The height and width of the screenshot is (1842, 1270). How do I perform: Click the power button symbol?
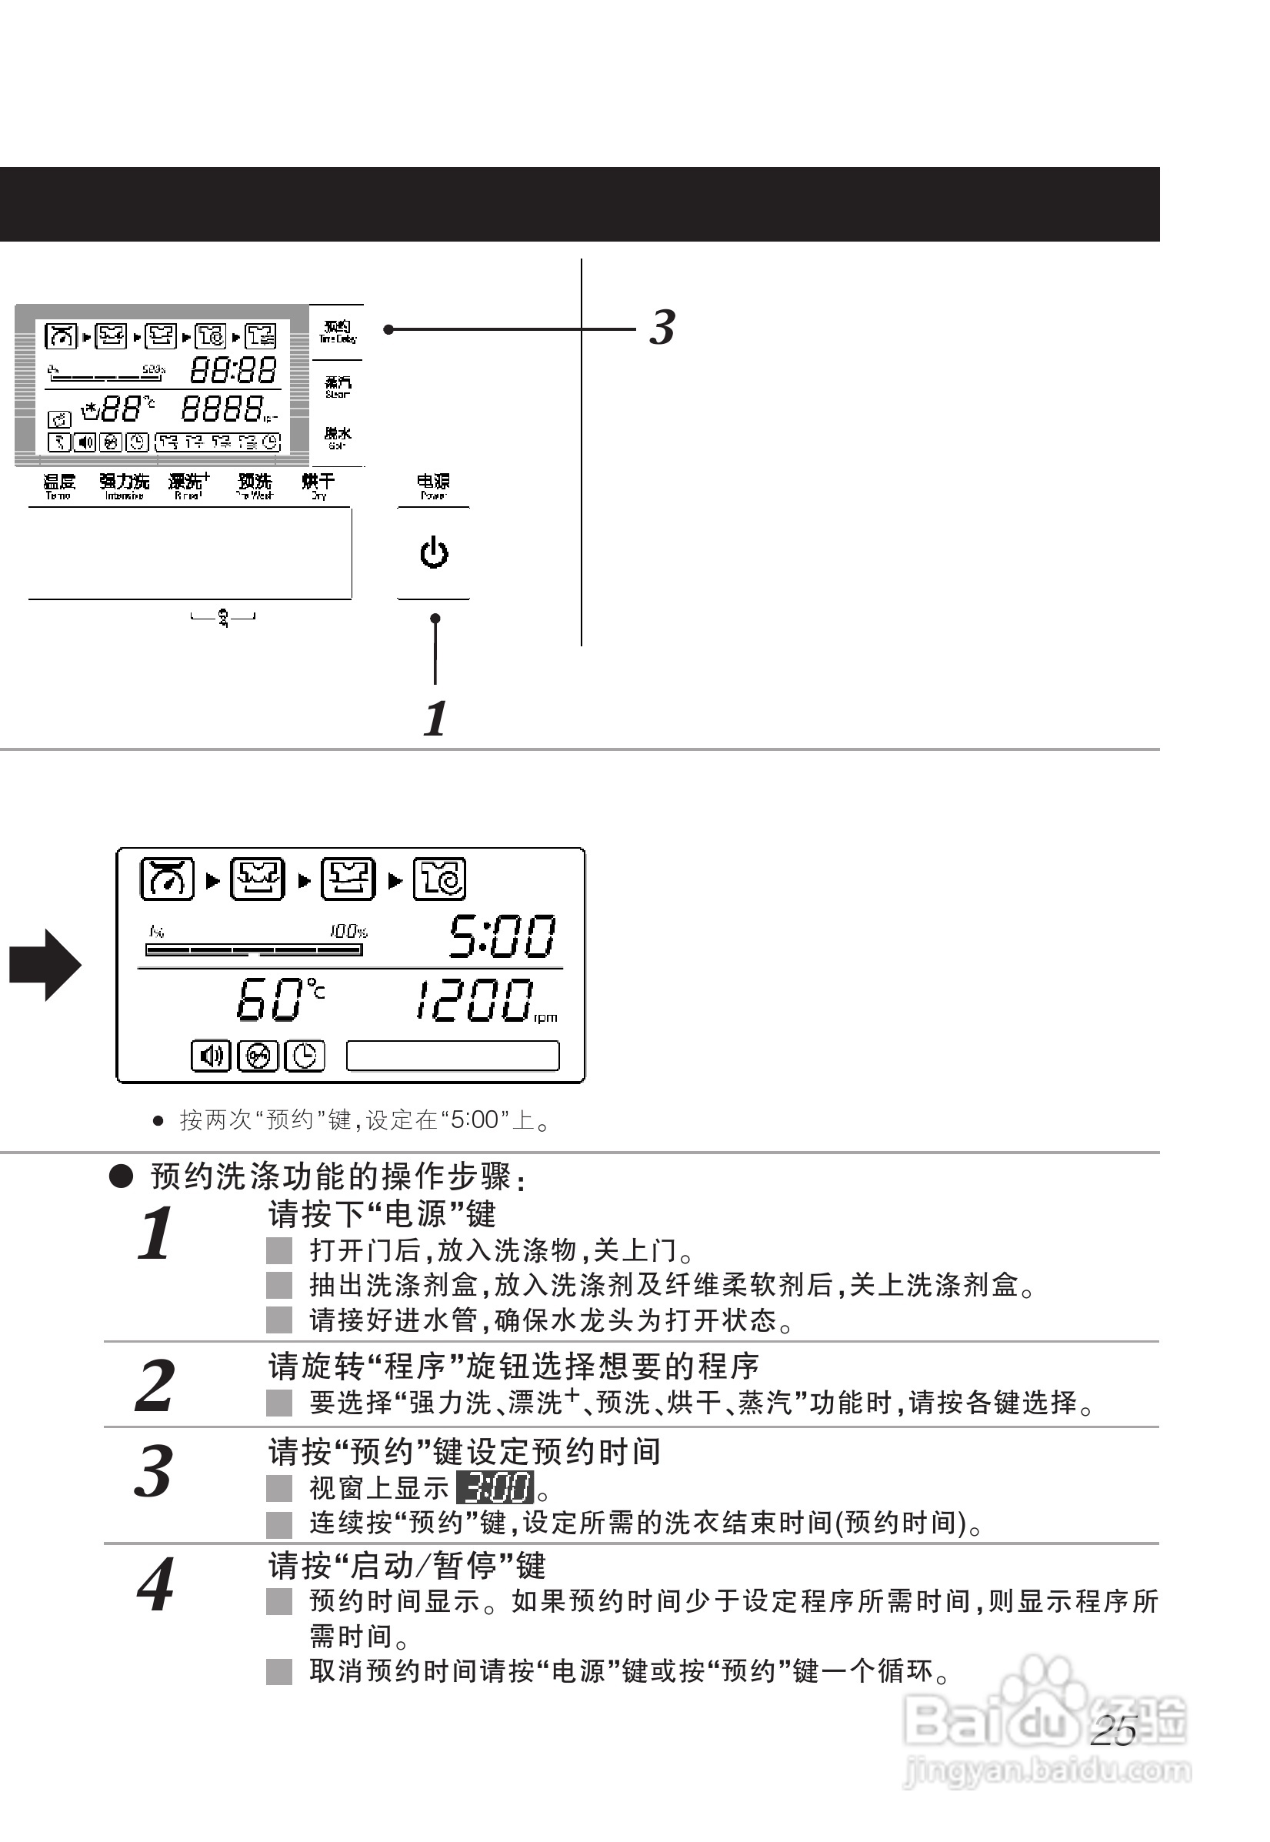pos(434,552)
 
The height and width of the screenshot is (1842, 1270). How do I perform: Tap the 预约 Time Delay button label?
pos(338,331)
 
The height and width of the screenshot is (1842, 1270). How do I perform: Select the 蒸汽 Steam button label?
pos(338,387)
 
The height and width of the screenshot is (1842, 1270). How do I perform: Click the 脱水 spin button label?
pos(338,437)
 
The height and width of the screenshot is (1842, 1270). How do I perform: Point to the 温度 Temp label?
pos(59,486)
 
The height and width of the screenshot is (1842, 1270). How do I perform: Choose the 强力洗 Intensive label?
pos(124,486)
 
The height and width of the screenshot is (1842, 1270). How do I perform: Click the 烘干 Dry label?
pos(318,486)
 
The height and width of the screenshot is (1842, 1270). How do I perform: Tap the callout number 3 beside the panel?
pos(662,328)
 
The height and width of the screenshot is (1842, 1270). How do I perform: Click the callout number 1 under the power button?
pos(435,719)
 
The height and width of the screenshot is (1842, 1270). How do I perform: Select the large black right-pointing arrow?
pos(45,965)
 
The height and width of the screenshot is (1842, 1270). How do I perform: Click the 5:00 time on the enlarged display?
pos(502,936)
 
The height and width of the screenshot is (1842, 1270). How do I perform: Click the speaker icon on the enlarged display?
pos(211,1056)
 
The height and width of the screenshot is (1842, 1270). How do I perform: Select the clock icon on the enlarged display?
pos(305,1056)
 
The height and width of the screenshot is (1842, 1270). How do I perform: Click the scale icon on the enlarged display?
pos(167,879)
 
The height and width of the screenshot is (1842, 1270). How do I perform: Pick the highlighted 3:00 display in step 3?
pos(495,1487)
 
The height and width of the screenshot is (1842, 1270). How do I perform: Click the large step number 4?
pos(155,1585)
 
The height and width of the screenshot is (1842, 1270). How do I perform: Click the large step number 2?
pos(155,1386)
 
